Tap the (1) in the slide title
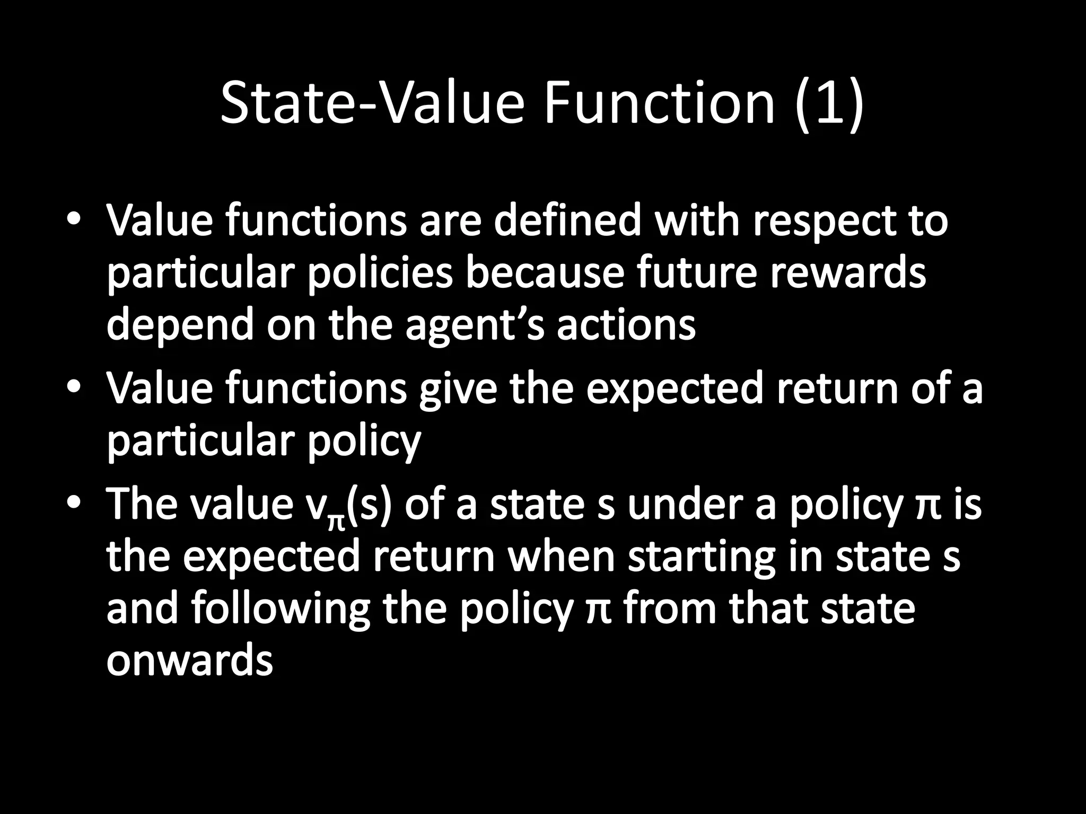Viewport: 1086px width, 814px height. (830, 104)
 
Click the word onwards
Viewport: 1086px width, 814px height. (189, 661)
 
